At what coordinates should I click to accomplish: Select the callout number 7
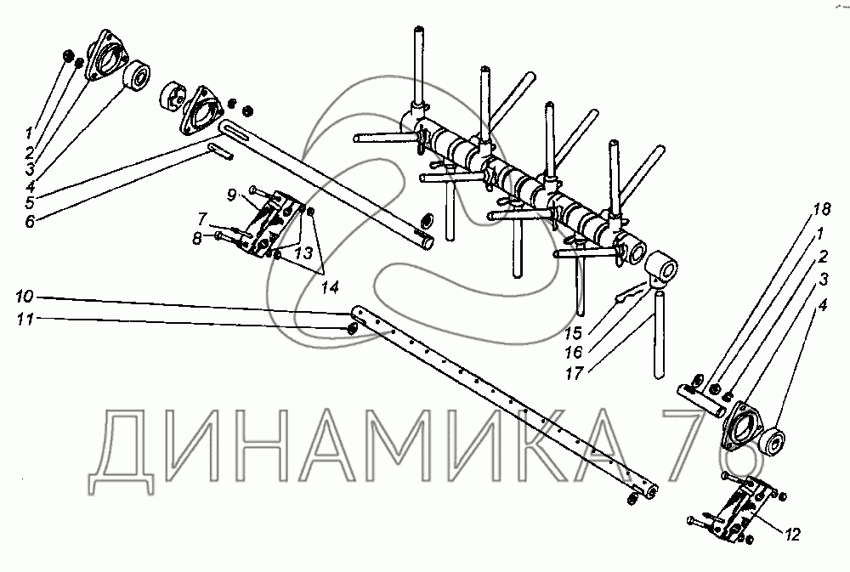coord(202,218)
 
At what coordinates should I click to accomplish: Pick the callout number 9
coord(231,196)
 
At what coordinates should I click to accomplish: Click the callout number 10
coord(24,297)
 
